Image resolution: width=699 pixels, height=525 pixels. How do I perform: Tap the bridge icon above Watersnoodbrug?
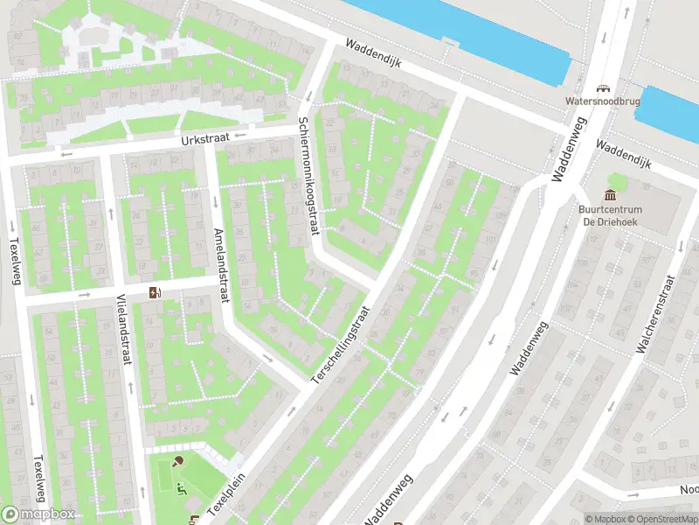(601, 87)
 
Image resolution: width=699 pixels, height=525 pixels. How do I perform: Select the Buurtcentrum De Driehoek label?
(611, 215)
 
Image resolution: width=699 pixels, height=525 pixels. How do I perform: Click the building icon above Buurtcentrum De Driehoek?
(611, 194)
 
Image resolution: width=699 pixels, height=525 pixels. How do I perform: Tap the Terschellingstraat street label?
(341, 344)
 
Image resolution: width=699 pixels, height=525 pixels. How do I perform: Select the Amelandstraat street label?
(222, 267)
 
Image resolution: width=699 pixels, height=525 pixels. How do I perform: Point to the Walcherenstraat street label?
(655, 315)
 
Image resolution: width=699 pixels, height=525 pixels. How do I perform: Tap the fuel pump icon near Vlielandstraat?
(156, 292)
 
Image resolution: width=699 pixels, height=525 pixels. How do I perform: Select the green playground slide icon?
(182, 488)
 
